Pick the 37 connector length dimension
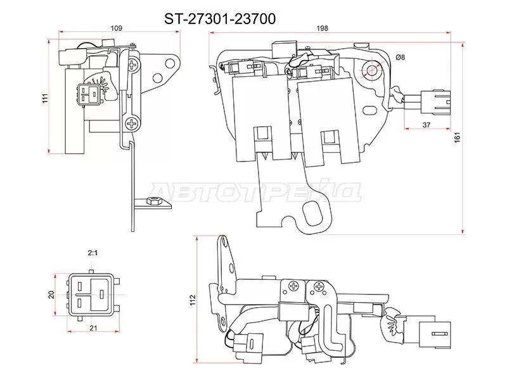click(426, 125)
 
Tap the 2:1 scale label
click(92, 253)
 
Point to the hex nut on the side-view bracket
click(152, 203)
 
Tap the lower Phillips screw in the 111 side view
click(132, 124)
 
